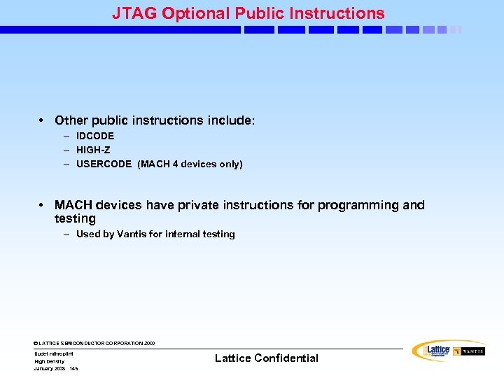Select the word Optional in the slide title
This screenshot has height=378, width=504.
pyautogui.click(x=188, y=13)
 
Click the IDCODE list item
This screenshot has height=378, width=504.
pyautogui.click(x=95, y=136)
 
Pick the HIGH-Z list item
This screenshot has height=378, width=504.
pyautogui.click(x=93, y=150)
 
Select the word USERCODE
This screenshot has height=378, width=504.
pyautogui.click(x=104, y=164)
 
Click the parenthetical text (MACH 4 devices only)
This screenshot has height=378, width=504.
pyautogui.click(x=190, y=164)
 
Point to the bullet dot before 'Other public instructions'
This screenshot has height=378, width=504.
pyautogui.click(x=43, y=121)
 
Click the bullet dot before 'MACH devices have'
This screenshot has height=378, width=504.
pyautogui.click(x=43, y=205)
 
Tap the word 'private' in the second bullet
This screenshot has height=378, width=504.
pyautogui.click(x=192, y=205)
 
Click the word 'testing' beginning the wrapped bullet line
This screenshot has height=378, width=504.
pyautogui.click(x=75, y=218)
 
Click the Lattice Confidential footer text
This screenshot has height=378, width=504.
pyautogui.click(x=266, y=358)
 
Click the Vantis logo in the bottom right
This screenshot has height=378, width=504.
pyautogui.click(x=469, y=351)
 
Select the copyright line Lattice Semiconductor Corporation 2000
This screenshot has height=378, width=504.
pyautogui.click(x=94, y=344)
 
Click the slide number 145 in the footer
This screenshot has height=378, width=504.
pyautogui.click(x=73, y=368)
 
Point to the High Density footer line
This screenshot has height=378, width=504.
pyautogui.click(x=49, y=361)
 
